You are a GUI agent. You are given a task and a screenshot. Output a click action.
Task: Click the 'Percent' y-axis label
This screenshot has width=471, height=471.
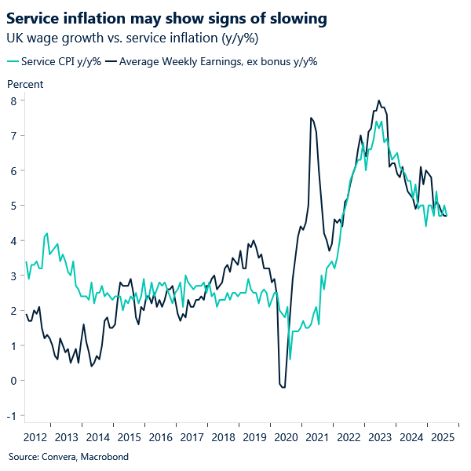pyautogui.click(x=25, y=84)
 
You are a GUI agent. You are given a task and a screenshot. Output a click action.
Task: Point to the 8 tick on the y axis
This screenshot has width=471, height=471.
pyautogui.click(x=13, y=100)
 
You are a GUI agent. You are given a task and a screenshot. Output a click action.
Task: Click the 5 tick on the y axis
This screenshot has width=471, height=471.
pyautogui.click(x=13, y=206)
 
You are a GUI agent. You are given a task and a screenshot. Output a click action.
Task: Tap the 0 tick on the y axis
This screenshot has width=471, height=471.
pyautogui.click(x=13, y=381)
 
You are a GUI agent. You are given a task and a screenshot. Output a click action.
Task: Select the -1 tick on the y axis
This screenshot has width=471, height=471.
pyautogui.click(x=12, y=415)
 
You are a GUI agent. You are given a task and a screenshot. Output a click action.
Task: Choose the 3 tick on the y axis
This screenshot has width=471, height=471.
pyautogui.click(x=13, y=276)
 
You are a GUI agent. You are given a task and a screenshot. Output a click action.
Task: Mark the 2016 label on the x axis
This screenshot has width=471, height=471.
pyautogui.click(x=159, y=437)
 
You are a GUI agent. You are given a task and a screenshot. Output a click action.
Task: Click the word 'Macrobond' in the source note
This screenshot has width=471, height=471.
pyautogui.click(x=104, y=456)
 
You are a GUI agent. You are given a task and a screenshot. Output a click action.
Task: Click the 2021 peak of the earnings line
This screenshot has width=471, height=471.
pyautogui.click(x=311, y=118)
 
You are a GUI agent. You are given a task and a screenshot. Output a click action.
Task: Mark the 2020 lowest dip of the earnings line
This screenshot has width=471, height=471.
pyautogui.click(x=283, y=387)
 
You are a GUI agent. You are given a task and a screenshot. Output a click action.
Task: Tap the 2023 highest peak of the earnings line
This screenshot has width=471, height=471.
pyautogui.click(x=379, y=100)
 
